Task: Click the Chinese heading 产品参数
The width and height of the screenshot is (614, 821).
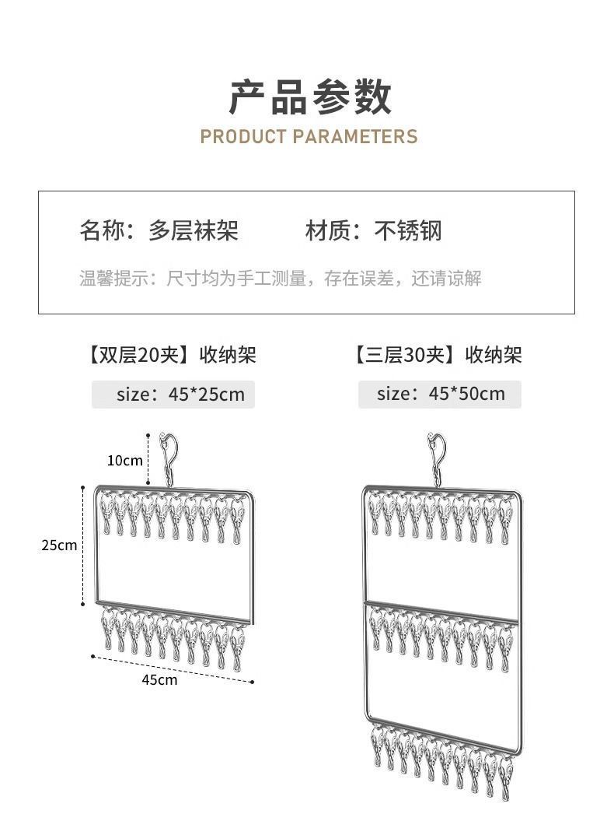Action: coord(309,97)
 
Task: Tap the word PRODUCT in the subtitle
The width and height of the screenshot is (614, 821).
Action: coord(243,137)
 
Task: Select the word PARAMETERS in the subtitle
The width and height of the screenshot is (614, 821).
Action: coord(355,137)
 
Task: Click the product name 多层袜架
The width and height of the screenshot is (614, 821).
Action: coord(194,231)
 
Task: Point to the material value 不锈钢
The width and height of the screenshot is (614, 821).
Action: coord(408,231)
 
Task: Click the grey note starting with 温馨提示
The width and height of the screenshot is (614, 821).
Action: coord(280,278)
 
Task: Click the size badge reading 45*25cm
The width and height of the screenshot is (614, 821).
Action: coord(173,394)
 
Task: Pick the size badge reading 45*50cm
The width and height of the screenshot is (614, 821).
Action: coord(440,394)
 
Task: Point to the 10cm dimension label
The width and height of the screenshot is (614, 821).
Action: coord(125,460)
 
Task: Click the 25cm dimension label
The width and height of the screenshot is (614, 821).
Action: coord(60,545)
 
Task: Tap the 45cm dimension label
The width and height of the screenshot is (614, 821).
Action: coord(159,679)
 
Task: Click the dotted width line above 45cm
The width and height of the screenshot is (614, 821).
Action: coord(173,668)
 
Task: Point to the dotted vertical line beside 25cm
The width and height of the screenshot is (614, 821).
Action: coord(83,545)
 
